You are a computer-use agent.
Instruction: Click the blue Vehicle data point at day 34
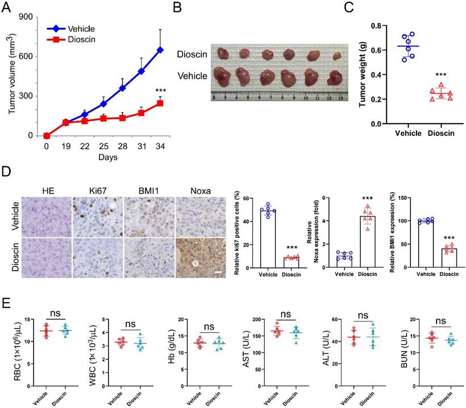(x=160, y=50)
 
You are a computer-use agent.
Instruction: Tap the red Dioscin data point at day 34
(x=160, y=103)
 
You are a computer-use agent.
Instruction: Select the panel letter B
(x=177, y=7)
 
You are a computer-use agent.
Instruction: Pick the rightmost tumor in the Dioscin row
(x=337, y=56)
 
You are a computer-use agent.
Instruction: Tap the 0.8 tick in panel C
(x=376, y=26)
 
